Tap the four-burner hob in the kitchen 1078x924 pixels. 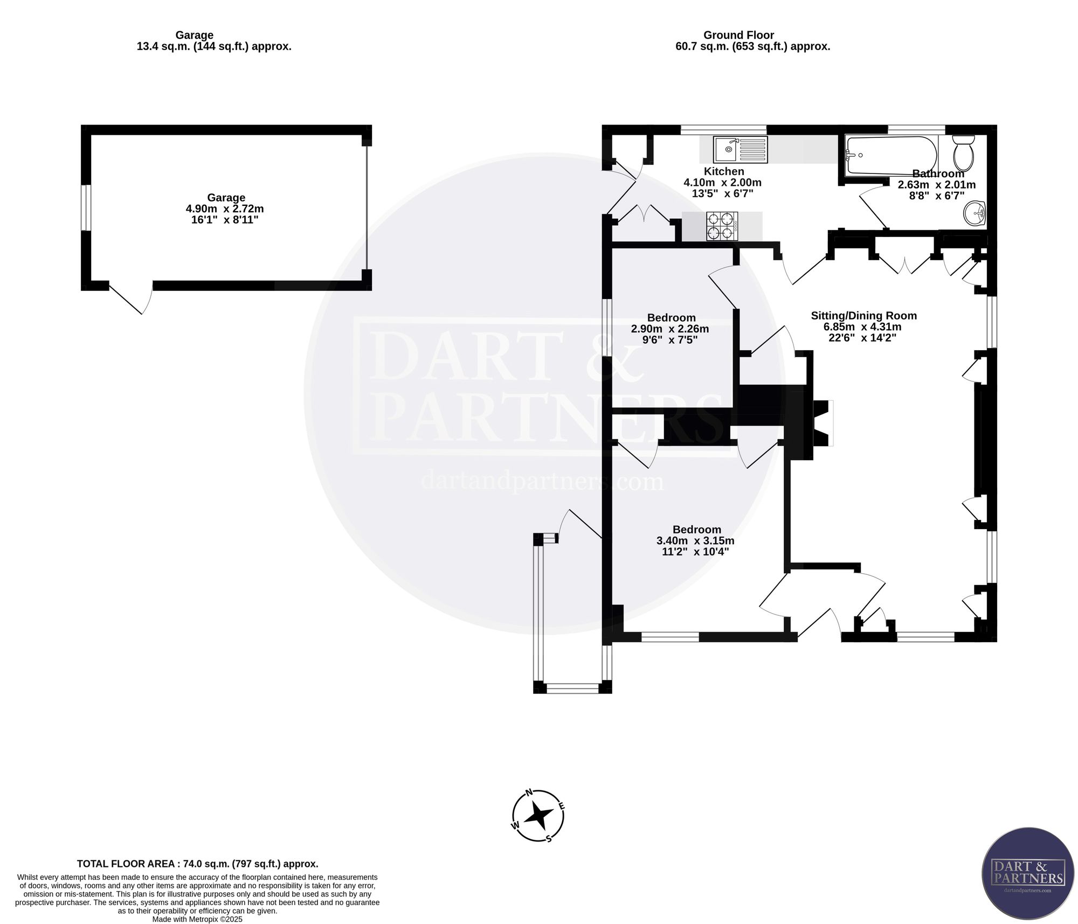click(x=722, y=226)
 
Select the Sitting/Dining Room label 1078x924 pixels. click(x=863, y=316)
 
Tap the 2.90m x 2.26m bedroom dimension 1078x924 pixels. click(x=670, y=329)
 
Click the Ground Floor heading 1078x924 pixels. click(x=738, y=35)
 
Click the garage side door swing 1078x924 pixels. click(x=131, y=297)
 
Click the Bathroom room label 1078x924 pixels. click(x=938, y=173)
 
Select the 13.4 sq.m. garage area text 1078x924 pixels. click(x=214, y=46)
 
